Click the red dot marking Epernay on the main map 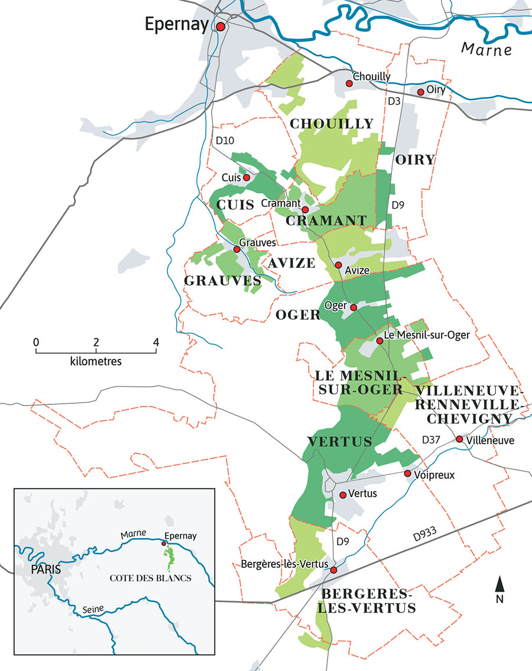tap(220, 27)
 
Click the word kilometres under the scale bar tap(96, 361)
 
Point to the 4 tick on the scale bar tap(156, 342)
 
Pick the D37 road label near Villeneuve tap(432, 440)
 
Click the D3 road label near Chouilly tap(394, 102)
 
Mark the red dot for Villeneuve tap(459, 439)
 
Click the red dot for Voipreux tap(407, 474)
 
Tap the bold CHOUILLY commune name tap(332, 124)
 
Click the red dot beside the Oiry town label tap(420, 92)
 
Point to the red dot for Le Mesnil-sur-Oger tap(379, 341)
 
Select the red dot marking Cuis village tap(246, 177)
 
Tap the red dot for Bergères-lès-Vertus tap(333, 570)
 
